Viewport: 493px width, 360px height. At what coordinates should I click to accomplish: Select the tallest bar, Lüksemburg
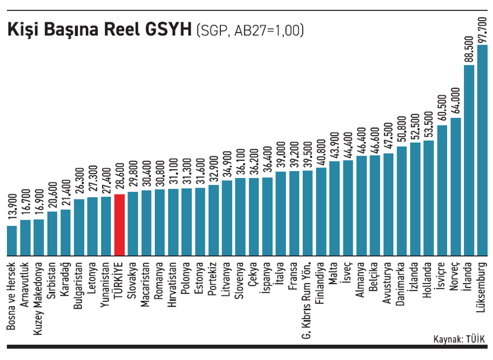[x=482, y=151]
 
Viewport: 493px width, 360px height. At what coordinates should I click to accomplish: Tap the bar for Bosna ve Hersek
[x=12, y=241]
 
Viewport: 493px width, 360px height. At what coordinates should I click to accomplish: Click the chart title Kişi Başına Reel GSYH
[x=99, y=29]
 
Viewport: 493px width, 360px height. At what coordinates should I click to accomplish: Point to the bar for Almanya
[x=361, y=206]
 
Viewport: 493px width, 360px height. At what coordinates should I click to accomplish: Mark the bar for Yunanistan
[x=106, y=226]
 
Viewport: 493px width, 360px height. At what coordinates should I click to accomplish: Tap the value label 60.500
[x=442, y=108]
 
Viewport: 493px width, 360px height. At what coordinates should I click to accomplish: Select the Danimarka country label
[x=401, y=286]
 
